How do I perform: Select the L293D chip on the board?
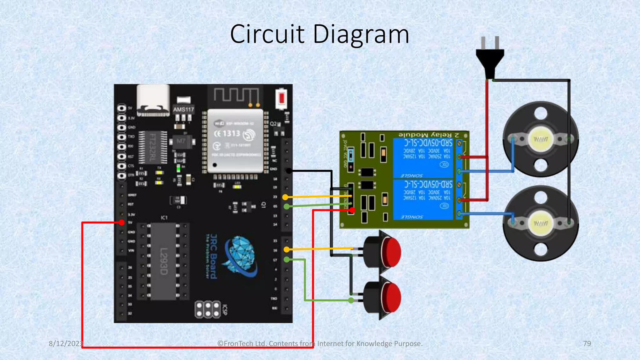click(163, 261)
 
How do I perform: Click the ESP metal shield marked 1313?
click(235, 141)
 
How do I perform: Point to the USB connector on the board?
click(153, 100)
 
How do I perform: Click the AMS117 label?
click(183, 109)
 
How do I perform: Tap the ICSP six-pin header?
click(208, 309)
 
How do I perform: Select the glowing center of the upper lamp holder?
click(540, 139)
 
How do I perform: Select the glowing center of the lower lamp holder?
click(540, 223)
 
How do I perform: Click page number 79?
click(587, 343)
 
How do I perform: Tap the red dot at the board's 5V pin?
click(122, 222)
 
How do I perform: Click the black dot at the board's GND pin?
click(289, 171)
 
